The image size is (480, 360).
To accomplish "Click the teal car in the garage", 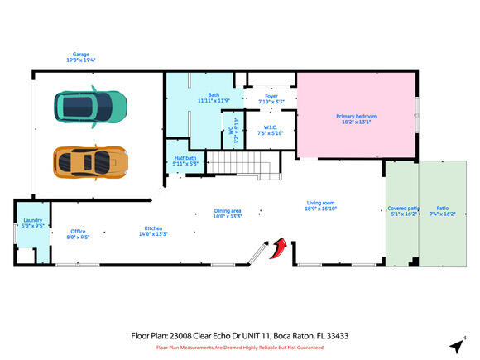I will coord(91,104).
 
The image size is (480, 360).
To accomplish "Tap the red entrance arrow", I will coord(280,247).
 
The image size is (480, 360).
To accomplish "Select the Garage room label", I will coord(80,55).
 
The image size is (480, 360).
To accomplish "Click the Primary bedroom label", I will coord(356,117).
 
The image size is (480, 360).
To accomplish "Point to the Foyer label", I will coord(271,96).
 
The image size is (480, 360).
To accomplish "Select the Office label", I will coord(78,231).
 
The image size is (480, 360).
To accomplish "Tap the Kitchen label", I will coord(153,228).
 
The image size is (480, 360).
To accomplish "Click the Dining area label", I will coord(228,211).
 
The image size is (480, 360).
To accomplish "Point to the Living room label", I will coord(321,203).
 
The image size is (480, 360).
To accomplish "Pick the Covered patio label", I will coord(403,209).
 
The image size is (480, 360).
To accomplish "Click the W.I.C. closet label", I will coord(270,127).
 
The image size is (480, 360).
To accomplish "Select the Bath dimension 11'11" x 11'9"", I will coord(213,101).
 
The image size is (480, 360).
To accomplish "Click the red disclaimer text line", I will coord(240,348).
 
